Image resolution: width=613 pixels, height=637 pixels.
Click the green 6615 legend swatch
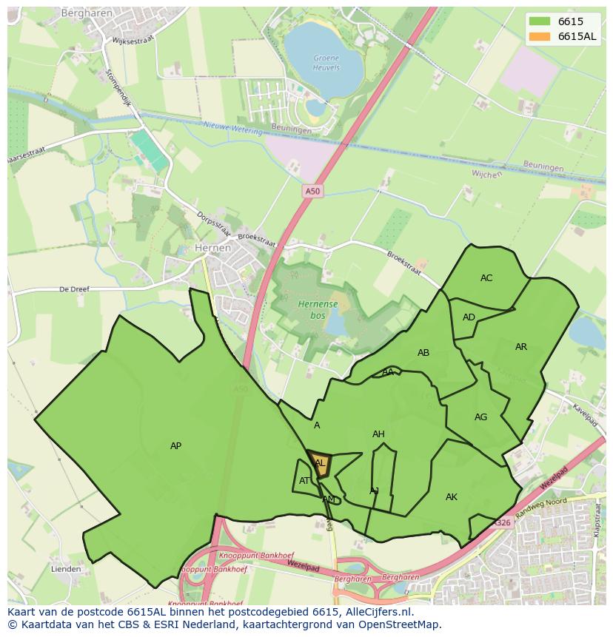click(x=540, y=22)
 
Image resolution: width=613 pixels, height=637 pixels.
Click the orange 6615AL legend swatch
click(x=540, y=37)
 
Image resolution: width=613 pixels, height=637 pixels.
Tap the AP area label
click(x=175, y=446)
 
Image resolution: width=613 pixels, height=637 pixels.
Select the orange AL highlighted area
click(x=320, y=464)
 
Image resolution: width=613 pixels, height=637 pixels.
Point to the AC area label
click(x=486, y=278)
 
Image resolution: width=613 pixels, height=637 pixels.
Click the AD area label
click(x=469, y=317)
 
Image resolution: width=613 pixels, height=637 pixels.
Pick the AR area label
click(x=521, y=347)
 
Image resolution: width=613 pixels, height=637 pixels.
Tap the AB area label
click(x=423, y=353)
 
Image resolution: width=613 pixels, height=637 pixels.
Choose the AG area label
click(x=481, y=417)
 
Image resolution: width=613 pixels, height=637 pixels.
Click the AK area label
click(x=452, y=497)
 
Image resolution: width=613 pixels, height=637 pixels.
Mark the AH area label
click(x=378, y=434)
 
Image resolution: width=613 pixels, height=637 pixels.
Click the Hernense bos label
click(x=318, y=309)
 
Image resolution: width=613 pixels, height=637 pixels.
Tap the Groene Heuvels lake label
click(x=326, y=62)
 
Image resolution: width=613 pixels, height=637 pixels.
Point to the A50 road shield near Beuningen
click(x=313, y=192)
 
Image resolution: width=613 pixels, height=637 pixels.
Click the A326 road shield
click(x=503, y=523)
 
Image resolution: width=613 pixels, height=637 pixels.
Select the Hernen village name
click(x=212, y=249)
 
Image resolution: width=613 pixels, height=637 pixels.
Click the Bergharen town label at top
click(x=86, y=13)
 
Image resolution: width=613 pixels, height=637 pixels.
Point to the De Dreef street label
click(x=74, y=289)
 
